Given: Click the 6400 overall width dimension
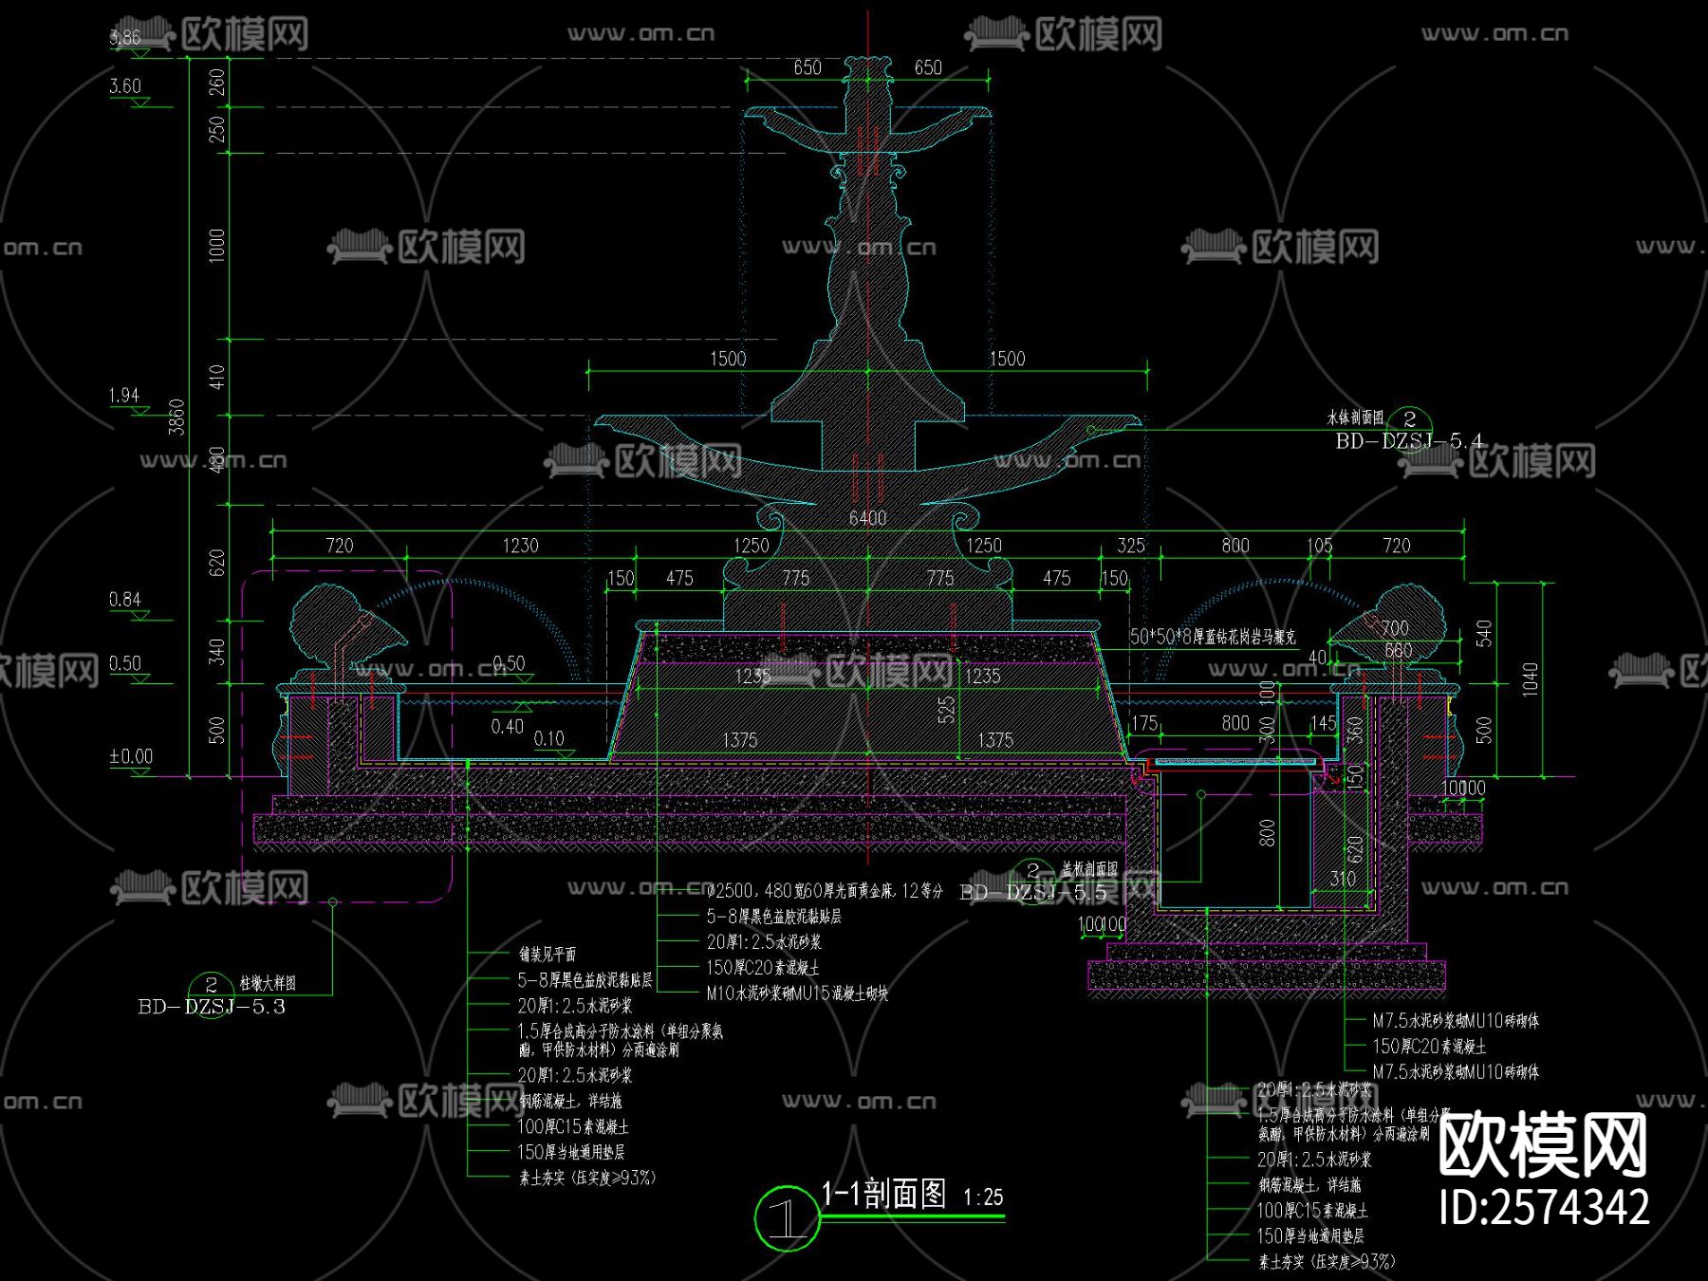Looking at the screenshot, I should [x=867, y=518].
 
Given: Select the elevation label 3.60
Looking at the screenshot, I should [x=125, y=86].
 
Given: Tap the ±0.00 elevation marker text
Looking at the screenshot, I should [x=131, y=756].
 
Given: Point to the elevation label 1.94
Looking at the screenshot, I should [x=124, y=395].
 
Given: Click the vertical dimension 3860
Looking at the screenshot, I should [x=176, y=418].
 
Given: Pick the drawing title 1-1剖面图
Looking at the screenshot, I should [x=883, y=1194].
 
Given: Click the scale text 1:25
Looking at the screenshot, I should [x=983, y=1197].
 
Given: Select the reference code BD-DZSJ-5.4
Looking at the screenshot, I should [x=1409, y=441].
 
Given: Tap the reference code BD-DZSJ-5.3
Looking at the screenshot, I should [x=211, y=1007].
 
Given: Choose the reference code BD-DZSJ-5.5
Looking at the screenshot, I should [x=1033, y=892].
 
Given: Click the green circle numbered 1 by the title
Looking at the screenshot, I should [x=786, y=1218].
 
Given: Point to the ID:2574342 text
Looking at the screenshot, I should [x=1544, y=1207].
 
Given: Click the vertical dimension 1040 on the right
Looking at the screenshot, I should [x=1531, y=679].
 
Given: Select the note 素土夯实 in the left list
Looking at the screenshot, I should [x=586, y=1178].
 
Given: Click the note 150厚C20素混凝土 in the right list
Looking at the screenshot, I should [x=1429, y=1046].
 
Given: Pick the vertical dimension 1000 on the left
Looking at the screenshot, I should [x=217, y=245].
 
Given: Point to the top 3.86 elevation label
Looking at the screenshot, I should [x=125, y=38].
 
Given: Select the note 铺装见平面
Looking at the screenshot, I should [x=548, y=954].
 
